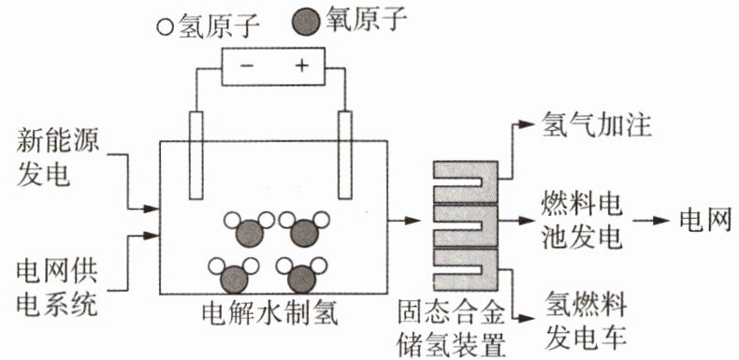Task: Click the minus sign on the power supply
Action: pos(247,65)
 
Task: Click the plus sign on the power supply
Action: pos(301,65)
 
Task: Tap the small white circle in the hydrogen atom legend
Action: pos(166,27)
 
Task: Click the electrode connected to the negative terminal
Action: pos(196,155)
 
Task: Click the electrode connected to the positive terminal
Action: pos(345,155)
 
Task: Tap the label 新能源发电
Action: pos(57,159)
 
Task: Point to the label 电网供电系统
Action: pos(57,288)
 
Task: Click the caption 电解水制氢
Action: pos(269,313)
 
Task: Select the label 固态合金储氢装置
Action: pos(452,331)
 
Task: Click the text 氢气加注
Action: pos(596,124)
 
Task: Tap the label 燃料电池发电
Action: pos(582,221)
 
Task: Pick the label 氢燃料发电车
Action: pos(586,320)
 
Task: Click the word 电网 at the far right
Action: pos(705,220)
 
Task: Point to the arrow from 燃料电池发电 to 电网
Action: pos(651,220)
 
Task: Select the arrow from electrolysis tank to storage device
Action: pos(403,220)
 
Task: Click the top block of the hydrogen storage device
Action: pos(466,182)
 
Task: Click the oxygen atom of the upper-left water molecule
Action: pos(250,233)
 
